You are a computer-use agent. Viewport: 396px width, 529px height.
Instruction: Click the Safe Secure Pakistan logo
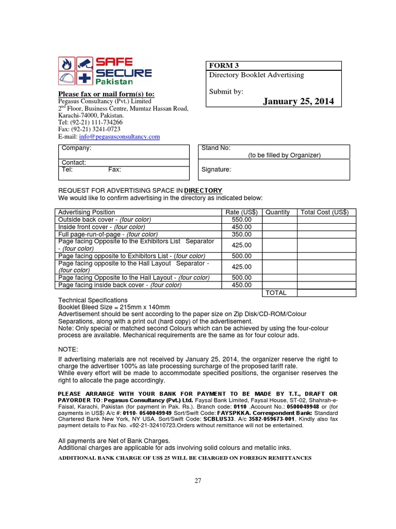coord(104,71)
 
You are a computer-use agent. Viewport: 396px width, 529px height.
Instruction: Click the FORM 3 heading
coord(224,66)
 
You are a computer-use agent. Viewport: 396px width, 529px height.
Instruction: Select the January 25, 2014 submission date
coord(299,101)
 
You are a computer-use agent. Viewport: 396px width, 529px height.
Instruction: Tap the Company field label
coord(76,148)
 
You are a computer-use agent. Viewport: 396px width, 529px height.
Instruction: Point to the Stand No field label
coord(212,148)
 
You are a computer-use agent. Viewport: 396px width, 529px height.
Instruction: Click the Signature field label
coord(216,169)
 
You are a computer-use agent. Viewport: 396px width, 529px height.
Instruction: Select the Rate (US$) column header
coord(241,212)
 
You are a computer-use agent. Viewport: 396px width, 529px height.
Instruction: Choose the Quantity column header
coord(277,212)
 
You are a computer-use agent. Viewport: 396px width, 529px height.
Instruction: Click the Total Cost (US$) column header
coord(325,212)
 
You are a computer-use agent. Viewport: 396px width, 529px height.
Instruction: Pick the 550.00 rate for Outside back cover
coord(241,220)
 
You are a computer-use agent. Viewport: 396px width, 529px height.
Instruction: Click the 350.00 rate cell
coord(241,234)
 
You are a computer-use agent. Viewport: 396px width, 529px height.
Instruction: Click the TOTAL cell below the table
coord(276,293)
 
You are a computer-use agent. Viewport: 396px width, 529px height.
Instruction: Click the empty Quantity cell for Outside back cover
coord(279,220)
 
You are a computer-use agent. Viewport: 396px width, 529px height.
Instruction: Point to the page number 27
coord(198,480)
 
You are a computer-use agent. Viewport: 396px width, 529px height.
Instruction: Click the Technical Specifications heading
coord(92,300)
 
